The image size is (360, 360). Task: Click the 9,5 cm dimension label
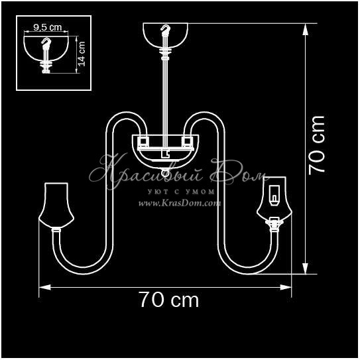click(x=48, y=27)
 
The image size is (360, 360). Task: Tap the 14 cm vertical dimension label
click(x=82, y=54)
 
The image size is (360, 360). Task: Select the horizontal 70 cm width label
click(x=169, y=300)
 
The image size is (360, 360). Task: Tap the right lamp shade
click(x=274, y=199)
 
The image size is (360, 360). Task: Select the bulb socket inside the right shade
click(x=274, y=196)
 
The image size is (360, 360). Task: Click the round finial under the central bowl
click(x=165, y=172)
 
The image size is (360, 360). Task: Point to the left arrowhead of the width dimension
click(x=45, y=287)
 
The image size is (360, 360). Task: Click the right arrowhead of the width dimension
click(x=286, y=287)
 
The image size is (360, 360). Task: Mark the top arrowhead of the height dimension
click(x=305, y=29)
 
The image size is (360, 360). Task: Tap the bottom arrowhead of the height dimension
click(x=305, y=268)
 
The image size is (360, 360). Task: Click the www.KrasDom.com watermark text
click(x=180, y=203)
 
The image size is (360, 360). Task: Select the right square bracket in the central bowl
click(x=187, y=142)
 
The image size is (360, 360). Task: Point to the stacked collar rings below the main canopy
click(x=165, y=54)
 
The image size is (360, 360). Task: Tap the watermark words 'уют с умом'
click(x=181, y=192)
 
